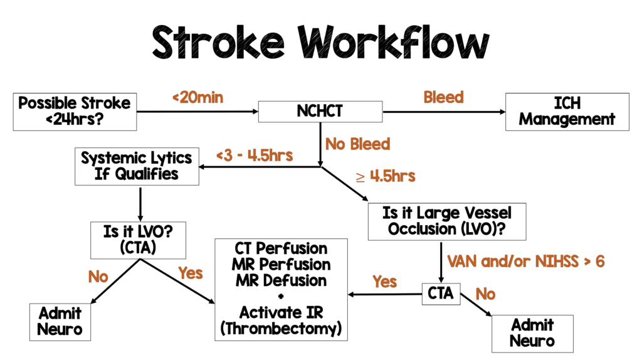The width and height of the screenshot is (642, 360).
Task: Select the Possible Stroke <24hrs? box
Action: coord(74,111)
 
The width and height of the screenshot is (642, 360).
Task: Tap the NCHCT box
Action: coord(320,112)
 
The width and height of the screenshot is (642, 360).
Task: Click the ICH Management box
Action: coord(567,111)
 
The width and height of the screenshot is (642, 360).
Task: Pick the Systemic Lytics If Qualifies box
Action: coord(137,166)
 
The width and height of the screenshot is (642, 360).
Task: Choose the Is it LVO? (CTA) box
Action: coord(139,240)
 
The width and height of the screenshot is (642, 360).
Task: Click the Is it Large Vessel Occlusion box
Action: coord(447,221)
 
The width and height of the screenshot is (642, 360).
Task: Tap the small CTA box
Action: coord(440,294)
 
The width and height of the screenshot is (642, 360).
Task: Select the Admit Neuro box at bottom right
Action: coord(532,333)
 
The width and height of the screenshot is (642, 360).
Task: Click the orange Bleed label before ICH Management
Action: coord(443,97)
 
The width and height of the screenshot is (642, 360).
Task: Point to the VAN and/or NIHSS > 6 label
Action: coord(525,262)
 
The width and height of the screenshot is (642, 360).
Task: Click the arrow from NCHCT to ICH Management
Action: coord(443,112)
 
